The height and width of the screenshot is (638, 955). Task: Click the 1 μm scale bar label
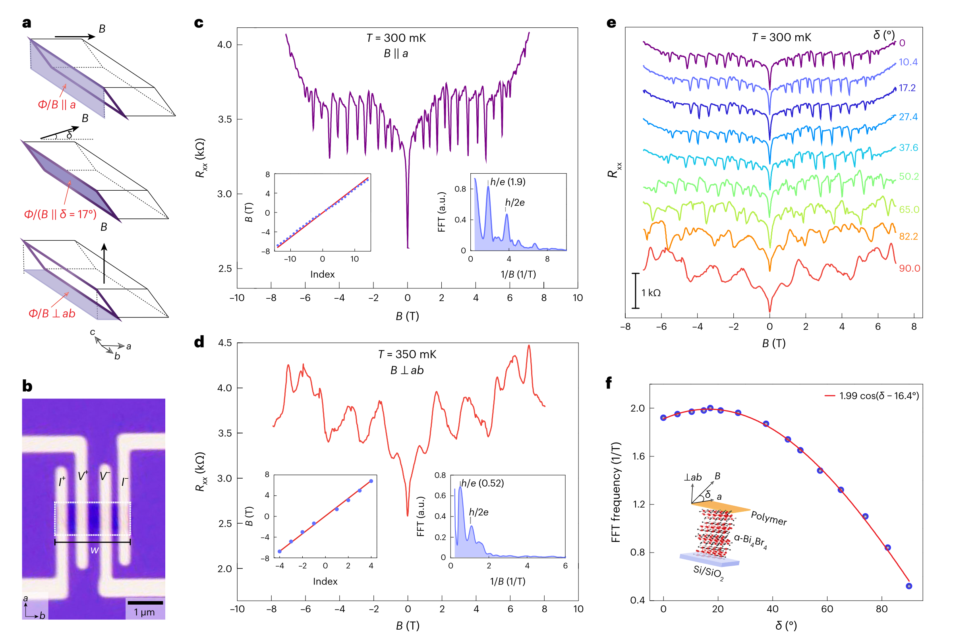point(145,612)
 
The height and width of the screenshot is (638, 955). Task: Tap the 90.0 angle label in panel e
point(909,268)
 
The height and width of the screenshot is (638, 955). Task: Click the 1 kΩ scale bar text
point(651,292)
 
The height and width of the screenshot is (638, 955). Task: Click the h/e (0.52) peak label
point(483,483)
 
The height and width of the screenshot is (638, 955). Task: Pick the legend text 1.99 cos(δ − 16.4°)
point(879,396)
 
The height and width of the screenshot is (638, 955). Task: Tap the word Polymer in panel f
point(769,518)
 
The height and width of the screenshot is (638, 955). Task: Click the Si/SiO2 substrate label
point(708,573)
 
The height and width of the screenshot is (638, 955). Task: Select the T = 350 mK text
point(407,354)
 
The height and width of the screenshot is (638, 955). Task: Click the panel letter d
point(199,342)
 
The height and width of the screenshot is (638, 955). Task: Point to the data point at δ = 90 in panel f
point(909,586)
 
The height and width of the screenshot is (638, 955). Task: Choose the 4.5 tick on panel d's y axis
point(225,343)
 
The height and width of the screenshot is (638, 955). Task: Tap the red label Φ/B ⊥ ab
point(52,314)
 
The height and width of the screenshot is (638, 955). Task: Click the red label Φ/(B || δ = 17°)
point(60,215)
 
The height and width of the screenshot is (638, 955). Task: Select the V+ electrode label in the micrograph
point(83,475)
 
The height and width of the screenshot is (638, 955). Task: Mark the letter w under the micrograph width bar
point(95,550)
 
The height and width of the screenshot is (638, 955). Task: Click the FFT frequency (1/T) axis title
point(615,492)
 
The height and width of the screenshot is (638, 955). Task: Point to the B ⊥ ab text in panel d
point(407,370)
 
